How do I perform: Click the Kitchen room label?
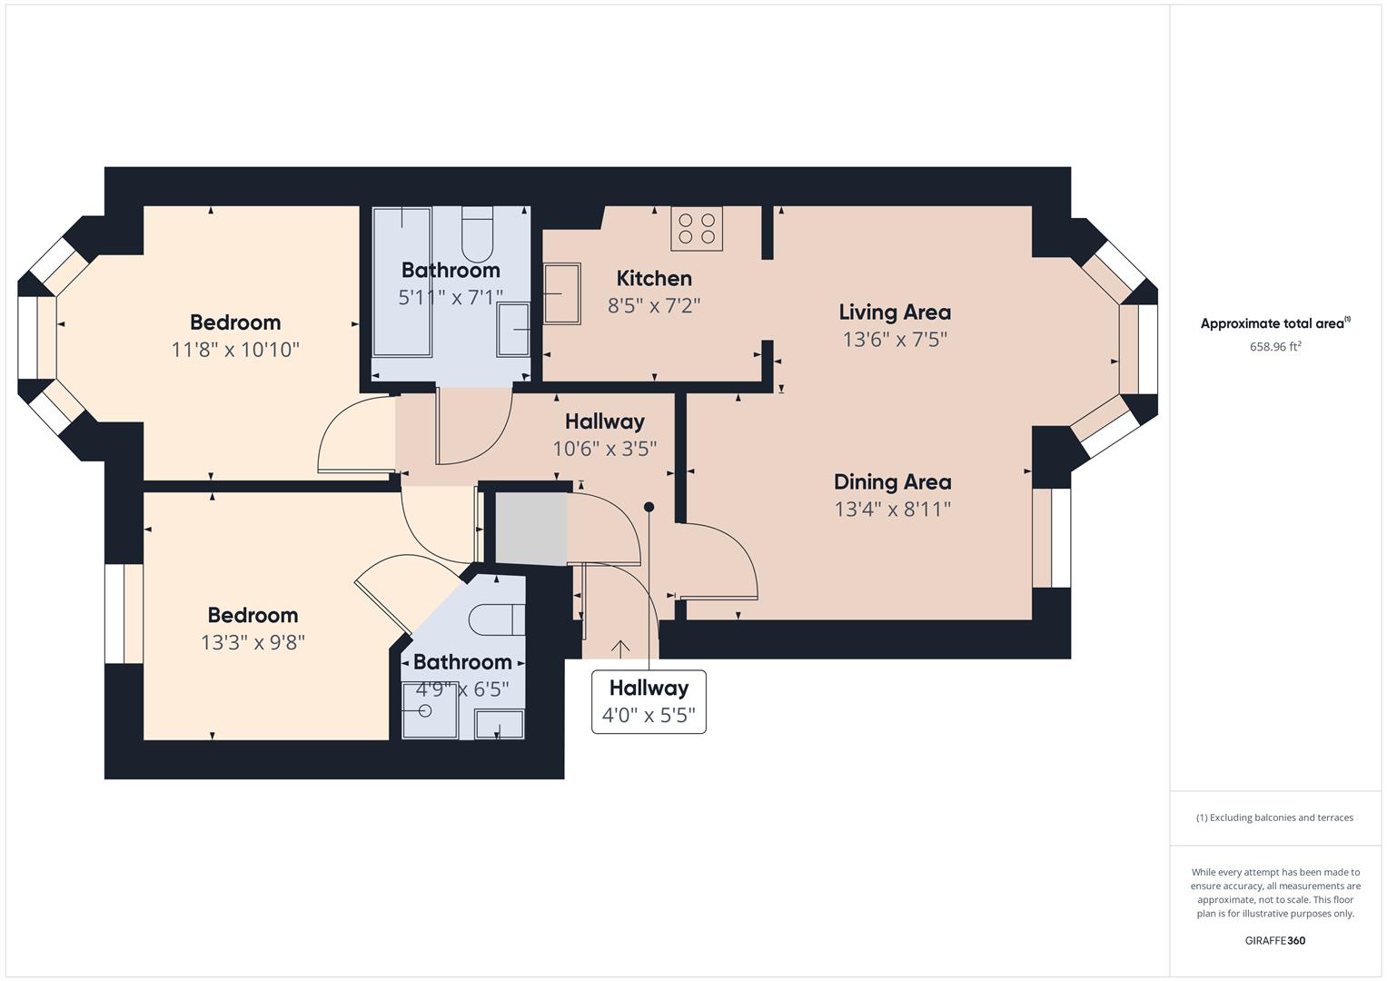tap(653, 278)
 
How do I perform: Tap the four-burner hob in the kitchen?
tap(697, 228)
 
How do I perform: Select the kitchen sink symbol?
tap(561, 293)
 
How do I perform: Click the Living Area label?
tap(894, 312)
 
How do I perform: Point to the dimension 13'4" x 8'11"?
tap(892, 509)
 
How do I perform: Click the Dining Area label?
tap(892, 481)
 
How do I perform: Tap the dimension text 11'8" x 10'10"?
tap(234, 349)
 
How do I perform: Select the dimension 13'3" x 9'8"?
tap(253, 642)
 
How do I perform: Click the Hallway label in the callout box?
tap(649, 688)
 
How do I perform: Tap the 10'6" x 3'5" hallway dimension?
tap(604, 448)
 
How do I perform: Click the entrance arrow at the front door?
tap(620, 649)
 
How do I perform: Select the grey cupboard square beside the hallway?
tap(530, 528)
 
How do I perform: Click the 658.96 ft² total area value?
tap(1274, 346)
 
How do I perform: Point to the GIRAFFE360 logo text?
tap(1274, 940)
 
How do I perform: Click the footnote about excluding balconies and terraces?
tap(1274, 817)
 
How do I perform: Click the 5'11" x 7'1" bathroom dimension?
tap(451, 297)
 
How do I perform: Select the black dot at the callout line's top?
tap(649, 507)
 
